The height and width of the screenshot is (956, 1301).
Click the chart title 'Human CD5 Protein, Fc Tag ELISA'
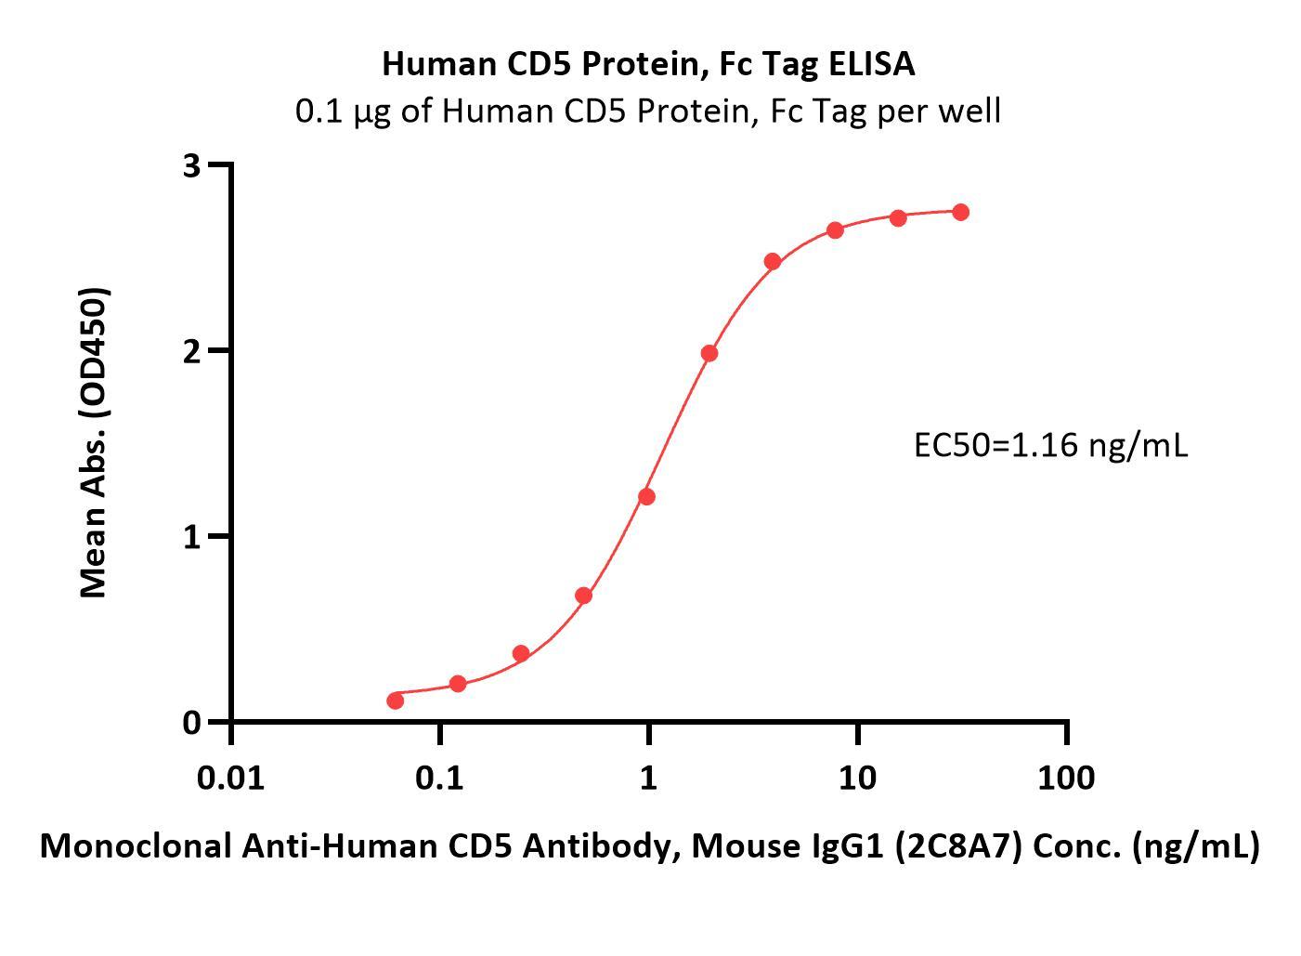648,64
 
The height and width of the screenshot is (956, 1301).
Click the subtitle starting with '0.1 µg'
648,111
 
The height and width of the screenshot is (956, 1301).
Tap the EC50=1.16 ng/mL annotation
1050,446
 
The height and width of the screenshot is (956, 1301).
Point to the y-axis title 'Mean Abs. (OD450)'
94,442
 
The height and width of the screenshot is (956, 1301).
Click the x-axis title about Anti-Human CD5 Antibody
649,845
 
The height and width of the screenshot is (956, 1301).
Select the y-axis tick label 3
192,165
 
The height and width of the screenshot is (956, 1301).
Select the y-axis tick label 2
192,351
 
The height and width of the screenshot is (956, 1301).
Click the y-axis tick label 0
192,723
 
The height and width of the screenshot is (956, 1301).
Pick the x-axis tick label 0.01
230,777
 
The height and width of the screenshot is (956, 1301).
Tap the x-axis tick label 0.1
439,777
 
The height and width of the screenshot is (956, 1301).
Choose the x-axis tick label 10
857,777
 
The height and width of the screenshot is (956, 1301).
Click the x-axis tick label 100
1066,777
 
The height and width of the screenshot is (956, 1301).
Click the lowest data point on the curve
395,700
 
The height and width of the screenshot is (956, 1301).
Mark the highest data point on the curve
960,213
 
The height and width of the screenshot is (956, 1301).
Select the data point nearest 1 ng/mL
646,497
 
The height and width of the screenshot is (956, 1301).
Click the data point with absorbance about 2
709,353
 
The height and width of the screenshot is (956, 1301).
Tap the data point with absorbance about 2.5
773,261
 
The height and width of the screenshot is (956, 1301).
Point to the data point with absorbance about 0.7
583,596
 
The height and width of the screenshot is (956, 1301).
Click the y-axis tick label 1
192,537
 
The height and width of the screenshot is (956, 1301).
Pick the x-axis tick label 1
648,777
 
